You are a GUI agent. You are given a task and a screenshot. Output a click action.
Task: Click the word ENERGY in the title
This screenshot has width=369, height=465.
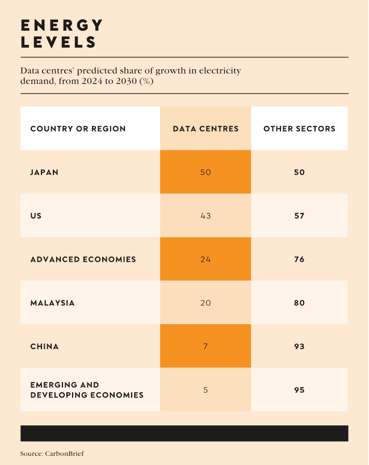(x=62, y=26)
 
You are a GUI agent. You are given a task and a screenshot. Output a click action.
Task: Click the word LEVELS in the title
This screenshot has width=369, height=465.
(x=58, y=42)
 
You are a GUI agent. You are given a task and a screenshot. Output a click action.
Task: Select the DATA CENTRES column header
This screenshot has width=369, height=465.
(x=206, y=129)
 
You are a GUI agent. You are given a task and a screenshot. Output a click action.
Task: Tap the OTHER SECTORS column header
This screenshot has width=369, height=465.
(x=299, y=129)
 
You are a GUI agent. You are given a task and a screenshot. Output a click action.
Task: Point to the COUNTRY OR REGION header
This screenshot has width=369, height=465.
(x=78, y=129)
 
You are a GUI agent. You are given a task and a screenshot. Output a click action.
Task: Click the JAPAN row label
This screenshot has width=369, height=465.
(x=44, y=172)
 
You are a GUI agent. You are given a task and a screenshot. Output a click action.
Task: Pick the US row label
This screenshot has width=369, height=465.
(x=36, y=216)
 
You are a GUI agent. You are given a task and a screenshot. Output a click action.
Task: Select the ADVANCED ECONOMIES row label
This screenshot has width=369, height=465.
(x=83, y=259)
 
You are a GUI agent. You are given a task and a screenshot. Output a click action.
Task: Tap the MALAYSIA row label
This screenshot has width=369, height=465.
(x=52, y=303)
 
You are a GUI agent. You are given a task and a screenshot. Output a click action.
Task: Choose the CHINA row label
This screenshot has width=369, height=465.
(x=44, y=346)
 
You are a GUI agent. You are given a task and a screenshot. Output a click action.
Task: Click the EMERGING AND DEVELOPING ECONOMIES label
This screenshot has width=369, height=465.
(x=87, y=390)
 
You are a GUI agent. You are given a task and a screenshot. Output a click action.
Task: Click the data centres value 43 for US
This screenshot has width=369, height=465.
(x=206, y=216)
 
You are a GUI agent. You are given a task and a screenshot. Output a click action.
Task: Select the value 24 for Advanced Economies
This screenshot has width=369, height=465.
(x=206, y=259)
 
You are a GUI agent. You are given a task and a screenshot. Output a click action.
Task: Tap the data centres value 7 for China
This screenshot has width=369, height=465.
(x=206, y=346)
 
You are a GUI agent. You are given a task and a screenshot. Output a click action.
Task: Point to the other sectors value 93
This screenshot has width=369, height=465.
(x=299, y=346)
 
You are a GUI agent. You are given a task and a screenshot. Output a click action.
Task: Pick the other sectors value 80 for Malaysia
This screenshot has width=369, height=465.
(x=299, y=303)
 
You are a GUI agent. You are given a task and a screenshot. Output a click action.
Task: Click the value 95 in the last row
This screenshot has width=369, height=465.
(x=299, y=390)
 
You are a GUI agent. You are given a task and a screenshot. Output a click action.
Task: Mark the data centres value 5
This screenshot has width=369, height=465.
(x=206, y=390)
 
